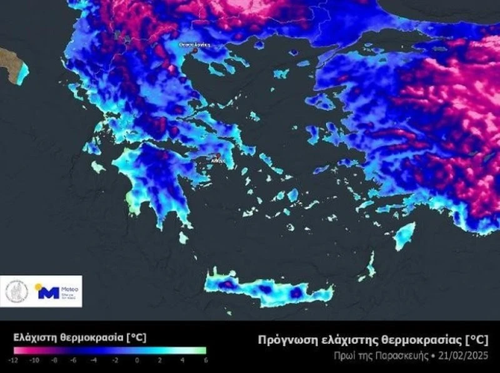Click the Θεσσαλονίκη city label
[194, 45]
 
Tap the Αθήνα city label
[218, 161]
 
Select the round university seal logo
[17, 292]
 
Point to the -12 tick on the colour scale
[13, 360]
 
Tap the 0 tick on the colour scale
[137, 360]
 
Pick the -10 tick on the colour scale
[35, 360]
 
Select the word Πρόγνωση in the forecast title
[284, 340]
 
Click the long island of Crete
[269, 290]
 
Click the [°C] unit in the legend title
[136, 337]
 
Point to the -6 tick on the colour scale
[74, 360]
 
